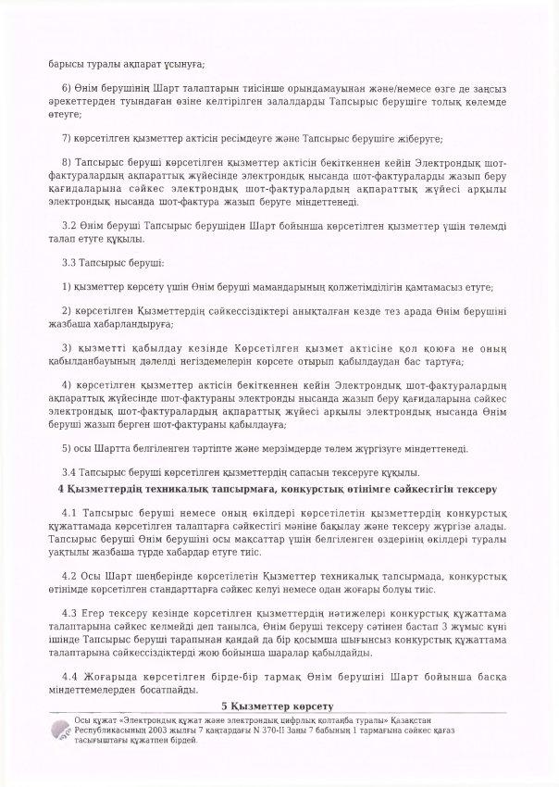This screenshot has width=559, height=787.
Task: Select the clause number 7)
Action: tap(66, 138)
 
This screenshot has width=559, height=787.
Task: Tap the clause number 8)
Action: tap(66, 161)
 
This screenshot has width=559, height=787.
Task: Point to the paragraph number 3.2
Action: tap(68, 225)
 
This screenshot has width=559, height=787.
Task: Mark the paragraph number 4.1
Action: tap(68, 511)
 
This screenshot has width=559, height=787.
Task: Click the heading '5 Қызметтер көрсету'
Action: tap(278, 707)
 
